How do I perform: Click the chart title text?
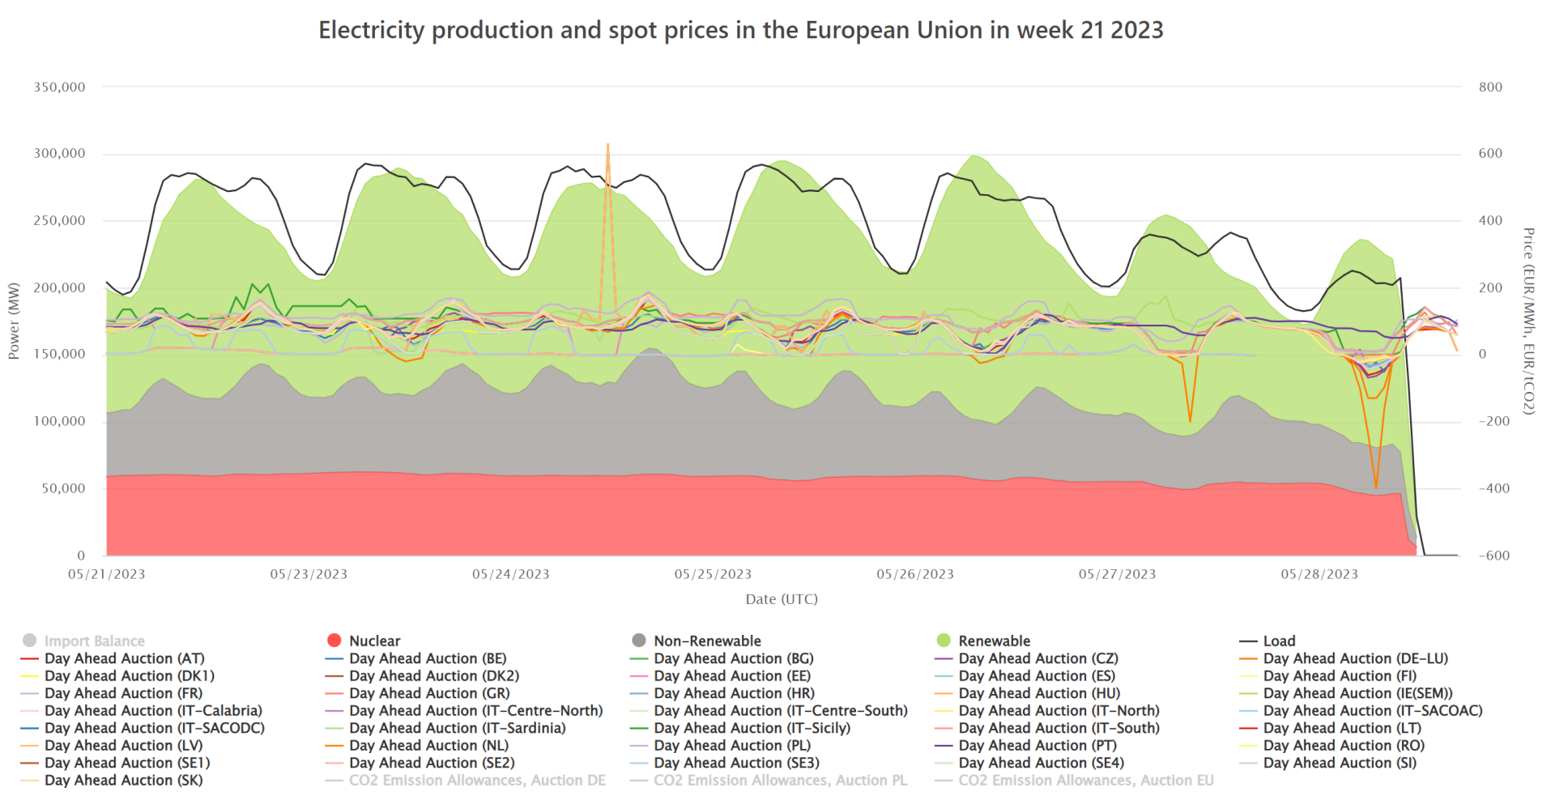tap(740, 31)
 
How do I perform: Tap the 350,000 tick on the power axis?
tap(59, 87)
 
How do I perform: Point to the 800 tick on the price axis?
tap(1490, 87)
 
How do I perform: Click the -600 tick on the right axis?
tap(1493, 555)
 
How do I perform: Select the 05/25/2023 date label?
tap(713, 574)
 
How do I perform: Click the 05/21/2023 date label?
tap(107, 574)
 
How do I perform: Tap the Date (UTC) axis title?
tap(782, 599)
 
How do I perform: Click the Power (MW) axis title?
tap(14, 321)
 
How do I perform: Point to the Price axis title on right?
tap(1528, 321)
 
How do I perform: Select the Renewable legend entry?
tap(994, 641)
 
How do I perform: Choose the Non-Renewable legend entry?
tap(707, 641)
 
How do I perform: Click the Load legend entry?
tap(1279, 641)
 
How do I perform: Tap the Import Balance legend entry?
tap(94, 641)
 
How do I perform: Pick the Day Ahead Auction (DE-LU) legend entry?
tap(1355, 658)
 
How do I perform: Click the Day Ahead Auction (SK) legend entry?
tap(123, 781)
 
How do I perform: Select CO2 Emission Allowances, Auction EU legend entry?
tap(1085, 781)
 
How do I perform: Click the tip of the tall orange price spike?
tap(607, 145)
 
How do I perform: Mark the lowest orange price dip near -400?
tap(1376, 487)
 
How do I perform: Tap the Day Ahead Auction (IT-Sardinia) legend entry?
tap(457, 728)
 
